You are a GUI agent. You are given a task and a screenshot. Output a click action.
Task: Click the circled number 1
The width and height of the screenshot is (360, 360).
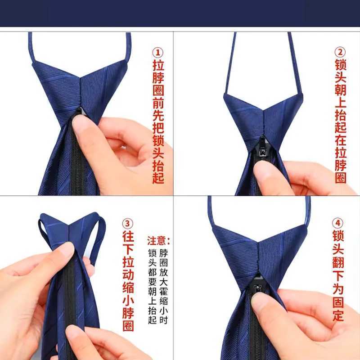click(158, 53)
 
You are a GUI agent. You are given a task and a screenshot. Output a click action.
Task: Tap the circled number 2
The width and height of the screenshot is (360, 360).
click(340, 52)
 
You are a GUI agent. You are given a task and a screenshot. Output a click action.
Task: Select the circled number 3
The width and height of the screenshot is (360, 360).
click(128, 224)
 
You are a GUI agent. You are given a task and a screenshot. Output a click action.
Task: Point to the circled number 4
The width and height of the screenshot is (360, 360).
click(338, 223)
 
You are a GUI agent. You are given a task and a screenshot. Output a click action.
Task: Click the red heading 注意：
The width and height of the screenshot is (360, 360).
click(158, 241)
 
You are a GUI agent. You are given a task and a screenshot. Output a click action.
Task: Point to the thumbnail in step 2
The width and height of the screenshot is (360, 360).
click(264, 169)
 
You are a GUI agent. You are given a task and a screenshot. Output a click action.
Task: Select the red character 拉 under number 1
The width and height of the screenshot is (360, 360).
click(158, 65)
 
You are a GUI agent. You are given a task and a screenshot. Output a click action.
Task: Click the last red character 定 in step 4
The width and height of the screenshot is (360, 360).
click(338, 315)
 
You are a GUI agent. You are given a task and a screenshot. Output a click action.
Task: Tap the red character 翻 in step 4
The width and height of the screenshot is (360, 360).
click(338, 262)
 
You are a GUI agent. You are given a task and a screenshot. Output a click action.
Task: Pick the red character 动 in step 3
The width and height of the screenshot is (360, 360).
click(128, 275)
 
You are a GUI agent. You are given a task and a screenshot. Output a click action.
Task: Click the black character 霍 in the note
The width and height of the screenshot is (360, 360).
click(163, 292)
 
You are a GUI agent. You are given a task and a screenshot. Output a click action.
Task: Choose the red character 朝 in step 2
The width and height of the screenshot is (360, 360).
click(340, 90)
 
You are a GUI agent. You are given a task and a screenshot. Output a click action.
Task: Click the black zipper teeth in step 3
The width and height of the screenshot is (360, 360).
click(70, 306)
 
